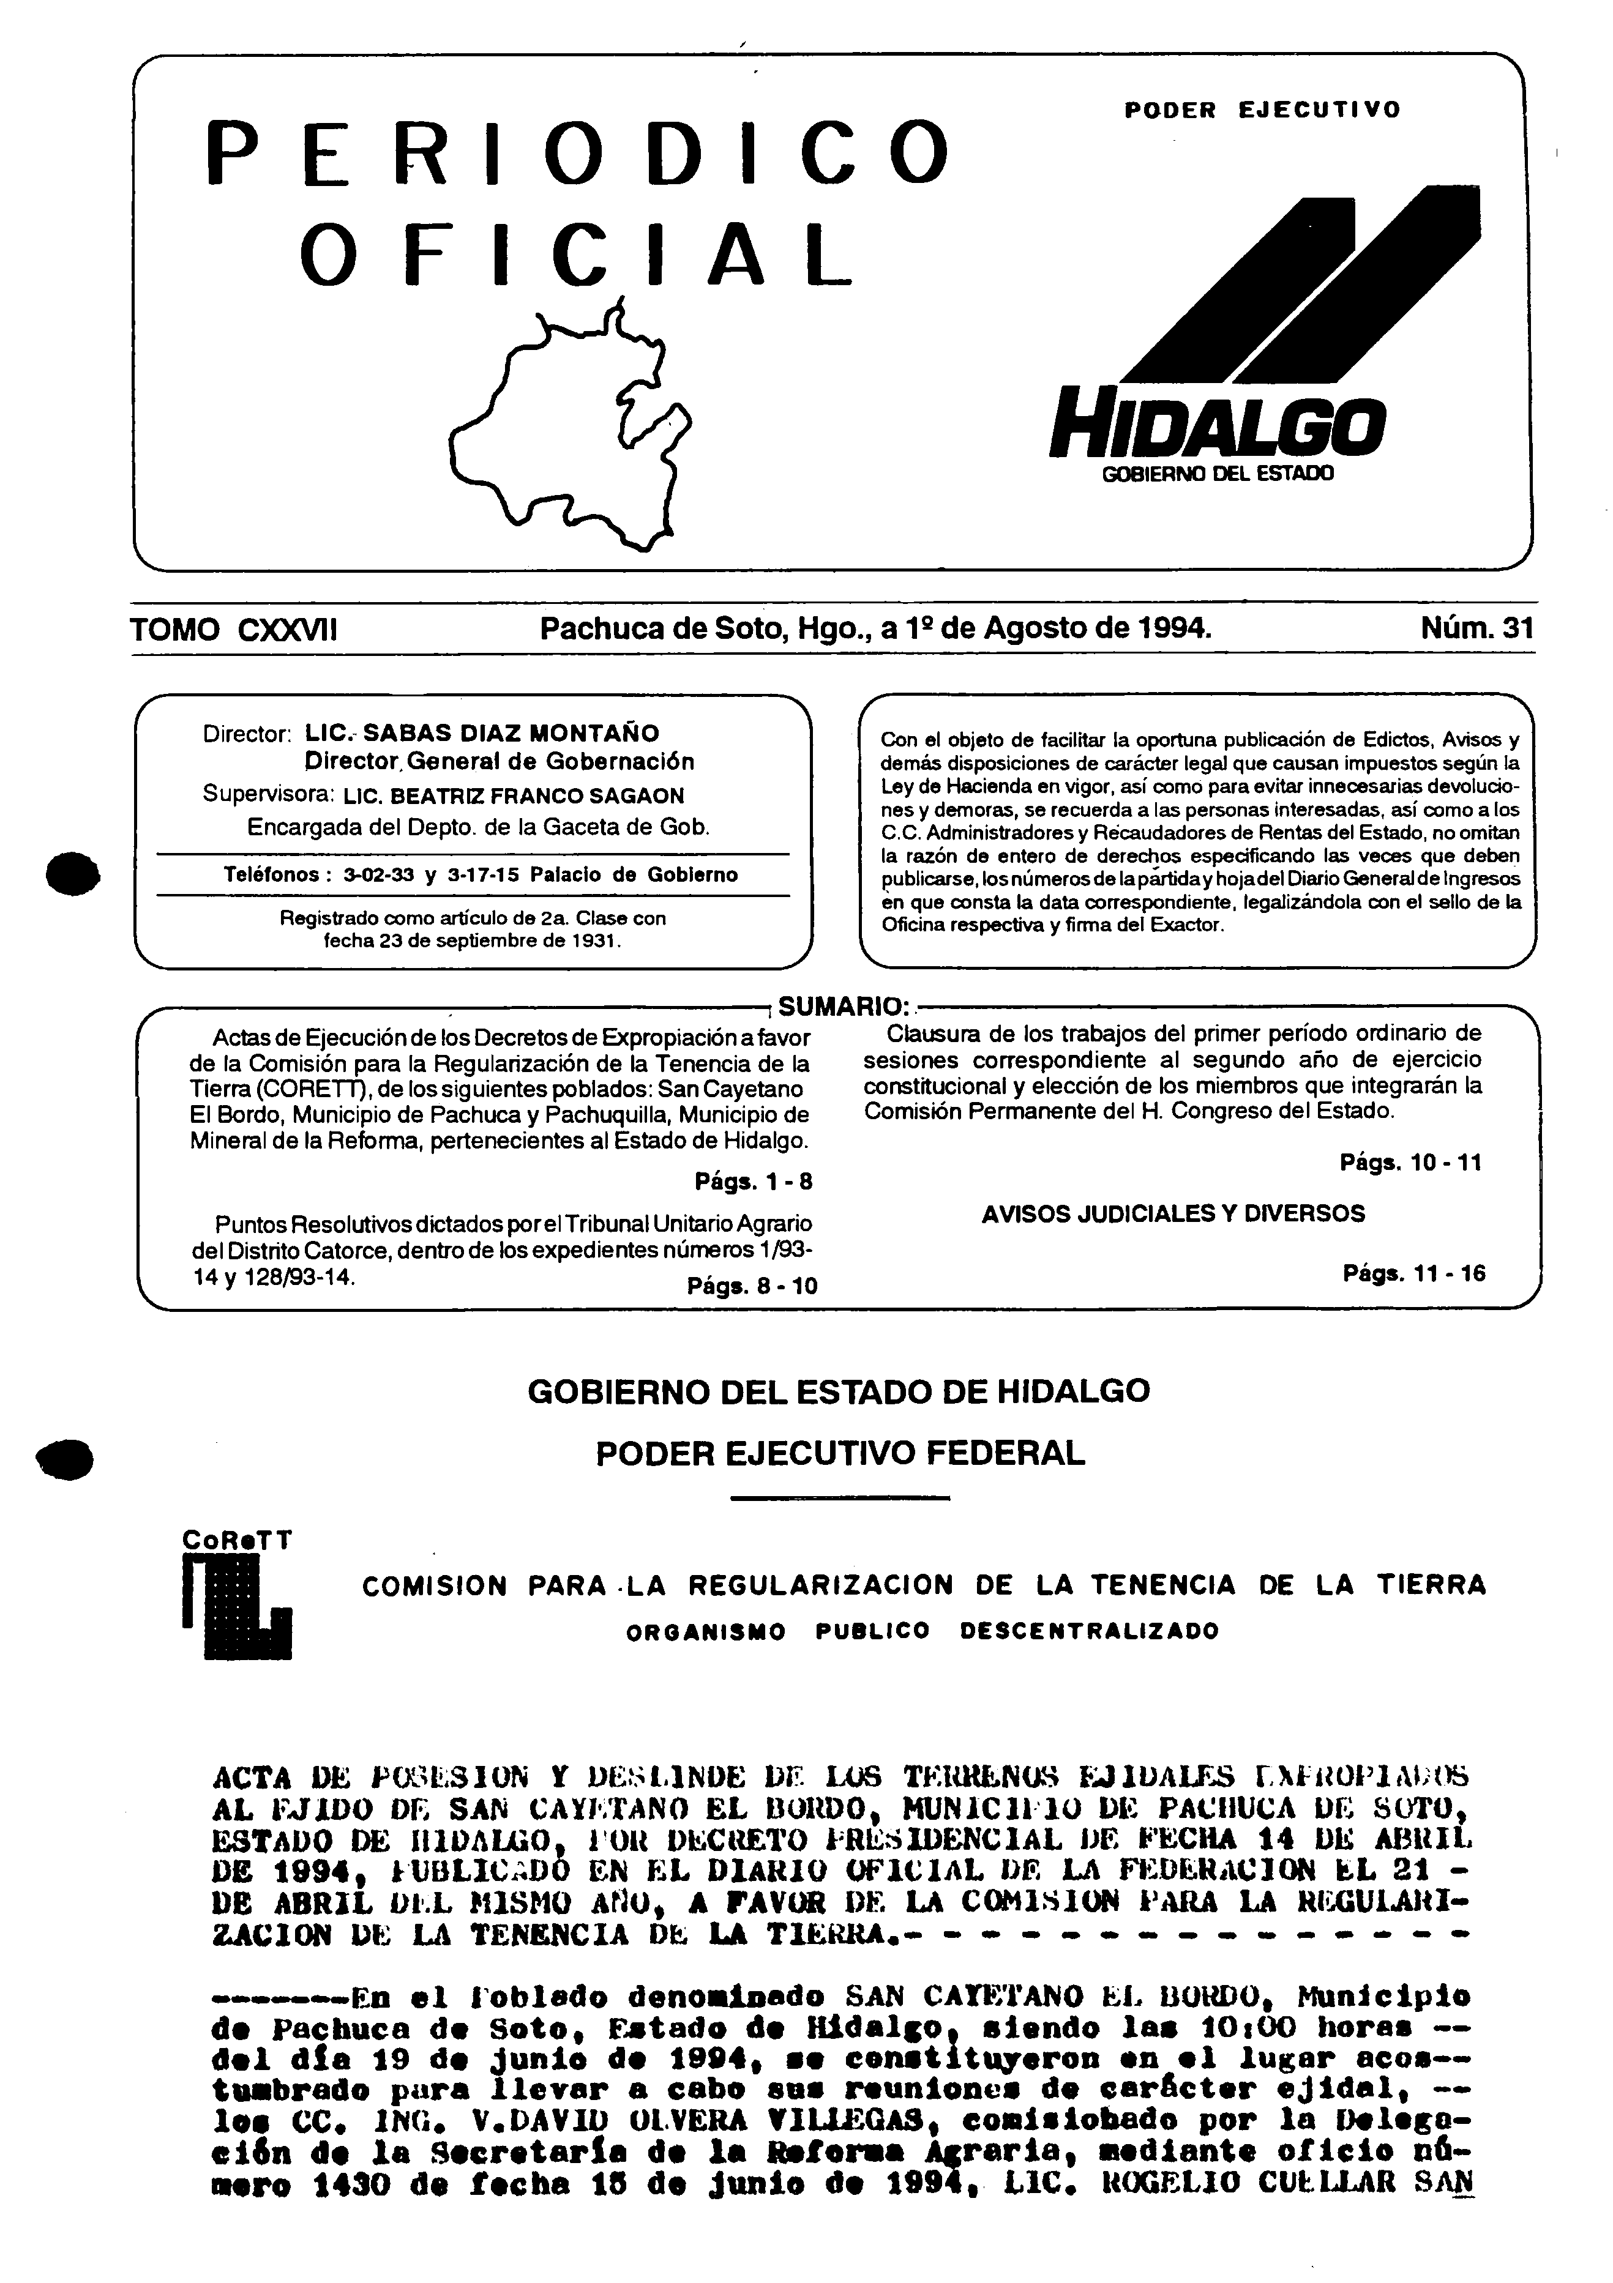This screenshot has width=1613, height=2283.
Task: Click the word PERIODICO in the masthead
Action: pyautogui.click(x=577, y=154)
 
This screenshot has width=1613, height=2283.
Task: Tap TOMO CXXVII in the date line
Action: pyautogui.click(x=234, y=630)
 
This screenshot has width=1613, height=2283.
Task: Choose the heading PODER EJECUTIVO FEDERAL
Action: pyautogui.click(x=840, y=1454)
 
